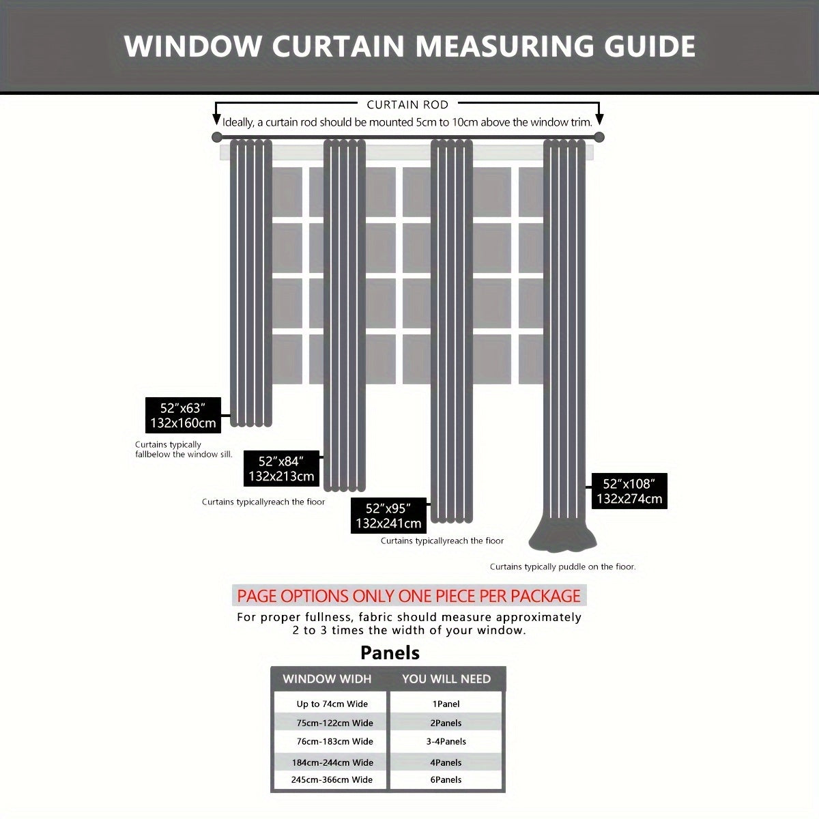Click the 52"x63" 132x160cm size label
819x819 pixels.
183,415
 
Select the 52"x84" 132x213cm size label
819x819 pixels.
281,469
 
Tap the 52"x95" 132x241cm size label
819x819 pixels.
388,516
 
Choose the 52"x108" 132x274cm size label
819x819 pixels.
629,491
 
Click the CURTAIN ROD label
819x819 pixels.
407,104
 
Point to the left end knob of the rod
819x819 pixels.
217,137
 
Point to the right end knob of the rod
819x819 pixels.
599,137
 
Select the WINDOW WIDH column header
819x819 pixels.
327,679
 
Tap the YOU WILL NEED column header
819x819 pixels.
446,679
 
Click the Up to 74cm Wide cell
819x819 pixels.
332,704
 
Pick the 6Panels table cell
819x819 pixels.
446,779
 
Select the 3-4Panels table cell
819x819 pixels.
446,741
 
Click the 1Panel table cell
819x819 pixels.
446,704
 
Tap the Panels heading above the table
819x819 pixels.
390,653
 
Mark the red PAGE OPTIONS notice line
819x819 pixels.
409,596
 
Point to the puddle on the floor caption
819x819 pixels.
562,566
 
